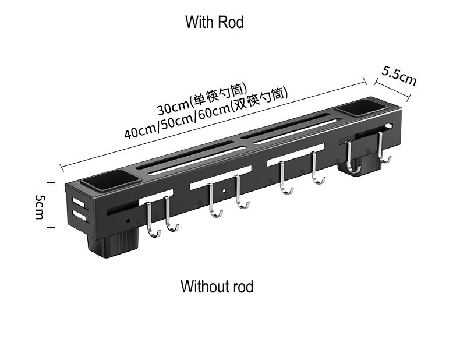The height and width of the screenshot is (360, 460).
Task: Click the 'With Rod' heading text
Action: tap(214, 23)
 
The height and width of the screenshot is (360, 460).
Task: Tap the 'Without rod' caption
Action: tap(217, 287)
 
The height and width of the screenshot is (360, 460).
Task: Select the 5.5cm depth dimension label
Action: tap(399, 76)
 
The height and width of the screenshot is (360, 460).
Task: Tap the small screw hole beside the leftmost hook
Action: tap(128, 221)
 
